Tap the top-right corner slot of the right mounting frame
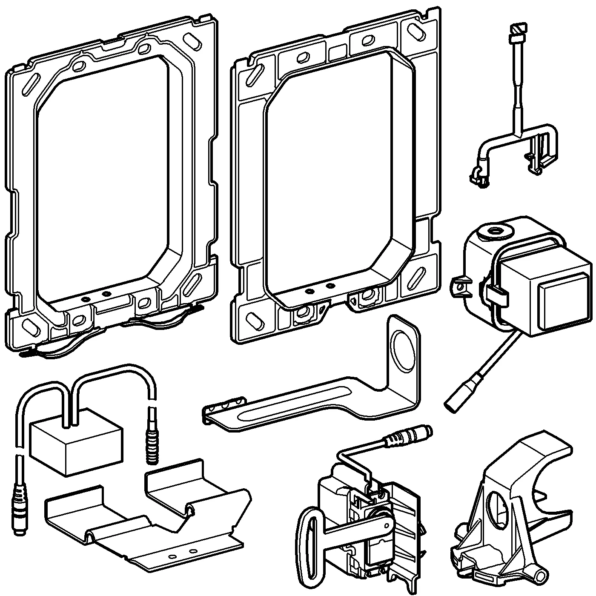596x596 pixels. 415,31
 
